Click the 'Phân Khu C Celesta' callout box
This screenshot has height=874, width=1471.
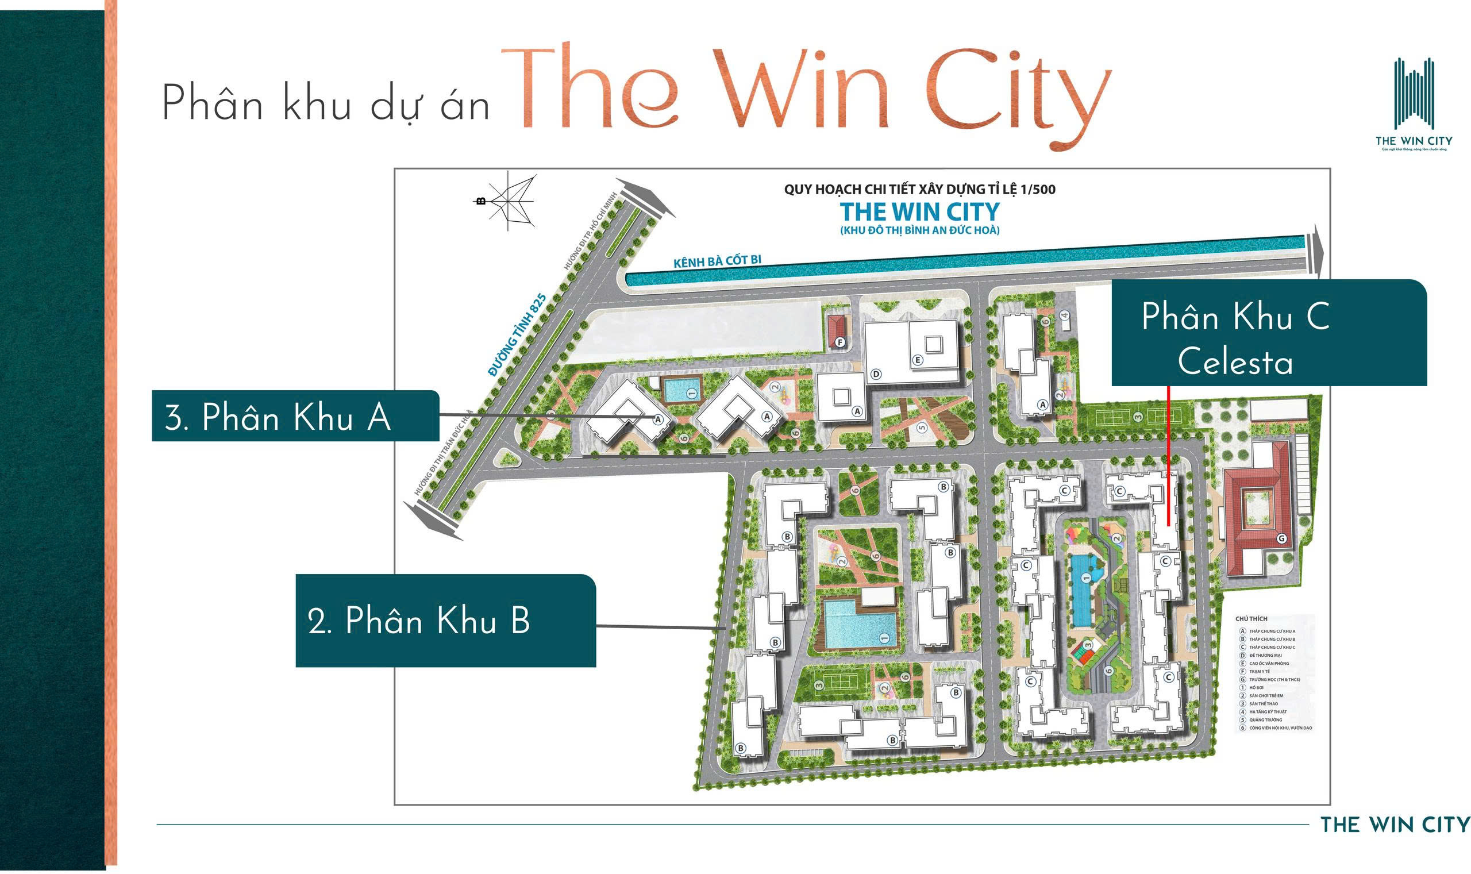(x=1268, y=332)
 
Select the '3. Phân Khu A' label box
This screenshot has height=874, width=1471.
(x=295, y=416)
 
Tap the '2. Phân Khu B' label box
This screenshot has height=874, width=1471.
(x=445, y=620)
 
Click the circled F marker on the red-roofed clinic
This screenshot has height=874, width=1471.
(x=840, y=342)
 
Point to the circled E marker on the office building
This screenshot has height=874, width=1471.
(x=918, y=360)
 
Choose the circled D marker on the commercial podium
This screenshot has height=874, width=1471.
(x=876, y=374)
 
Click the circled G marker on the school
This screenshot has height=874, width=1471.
(x=1281, y=538)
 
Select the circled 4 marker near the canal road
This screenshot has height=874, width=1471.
(x=1064, y=315)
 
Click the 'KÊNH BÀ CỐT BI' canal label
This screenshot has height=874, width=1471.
(x=717, y=261)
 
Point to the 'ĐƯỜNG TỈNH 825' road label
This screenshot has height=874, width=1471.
(x=517, y=334)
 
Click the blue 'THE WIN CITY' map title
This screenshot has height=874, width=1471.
(x=919, y=211)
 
